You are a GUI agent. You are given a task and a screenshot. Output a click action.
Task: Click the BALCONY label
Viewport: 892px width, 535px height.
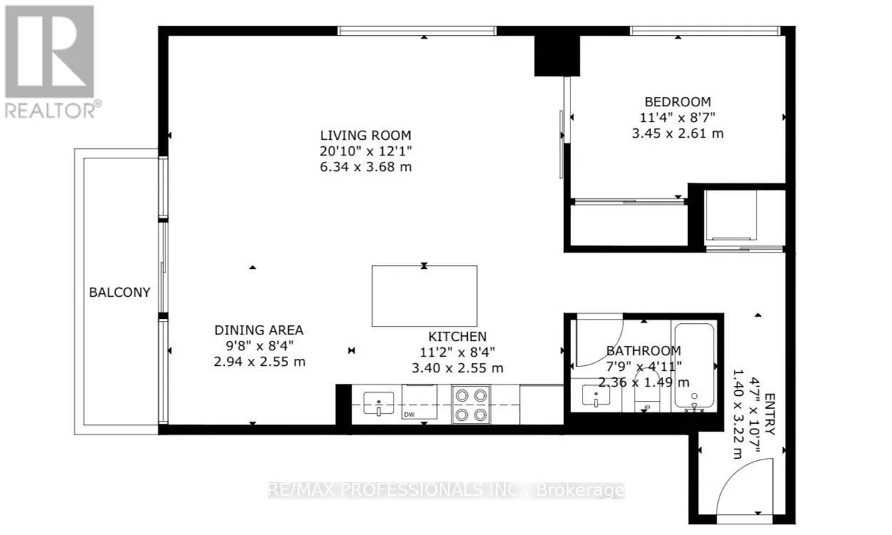click(120, 292)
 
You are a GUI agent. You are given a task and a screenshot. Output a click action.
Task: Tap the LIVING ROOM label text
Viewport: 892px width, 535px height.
click(366, 136)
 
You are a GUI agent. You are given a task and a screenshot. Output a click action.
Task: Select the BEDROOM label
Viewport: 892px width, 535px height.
click(678, 102)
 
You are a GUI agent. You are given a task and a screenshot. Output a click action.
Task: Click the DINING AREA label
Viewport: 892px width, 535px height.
click(259, 330)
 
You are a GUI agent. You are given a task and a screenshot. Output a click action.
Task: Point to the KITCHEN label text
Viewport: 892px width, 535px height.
click(457, 337)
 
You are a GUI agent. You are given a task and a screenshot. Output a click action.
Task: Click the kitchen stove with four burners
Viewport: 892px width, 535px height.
click(471, 404)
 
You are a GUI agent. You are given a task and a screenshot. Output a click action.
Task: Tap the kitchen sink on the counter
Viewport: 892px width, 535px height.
click(379, 403)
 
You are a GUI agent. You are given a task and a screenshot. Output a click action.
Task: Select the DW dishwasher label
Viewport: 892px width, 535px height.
click(409, 414)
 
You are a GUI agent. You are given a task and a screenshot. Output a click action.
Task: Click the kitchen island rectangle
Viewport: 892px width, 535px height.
click(424, 296)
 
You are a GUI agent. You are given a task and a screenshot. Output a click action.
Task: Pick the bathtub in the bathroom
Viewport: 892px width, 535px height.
click(694, 367)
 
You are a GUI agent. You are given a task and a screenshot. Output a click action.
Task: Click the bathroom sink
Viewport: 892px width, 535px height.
click(595, 394)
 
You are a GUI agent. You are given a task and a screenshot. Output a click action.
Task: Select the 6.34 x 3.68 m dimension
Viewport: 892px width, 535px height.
click(366, 167)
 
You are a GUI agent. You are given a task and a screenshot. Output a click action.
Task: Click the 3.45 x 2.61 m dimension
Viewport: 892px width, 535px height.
click(678, 133)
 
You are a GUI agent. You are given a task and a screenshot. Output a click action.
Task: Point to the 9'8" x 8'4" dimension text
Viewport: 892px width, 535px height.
click(260, 346)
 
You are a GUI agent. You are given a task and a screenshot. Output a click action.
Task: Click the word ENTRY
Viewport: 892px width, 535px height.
click(769, 414)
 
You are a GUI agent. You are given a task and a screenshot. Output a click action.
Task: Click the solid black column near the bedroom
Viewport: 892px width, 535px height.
click(557, 56)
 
